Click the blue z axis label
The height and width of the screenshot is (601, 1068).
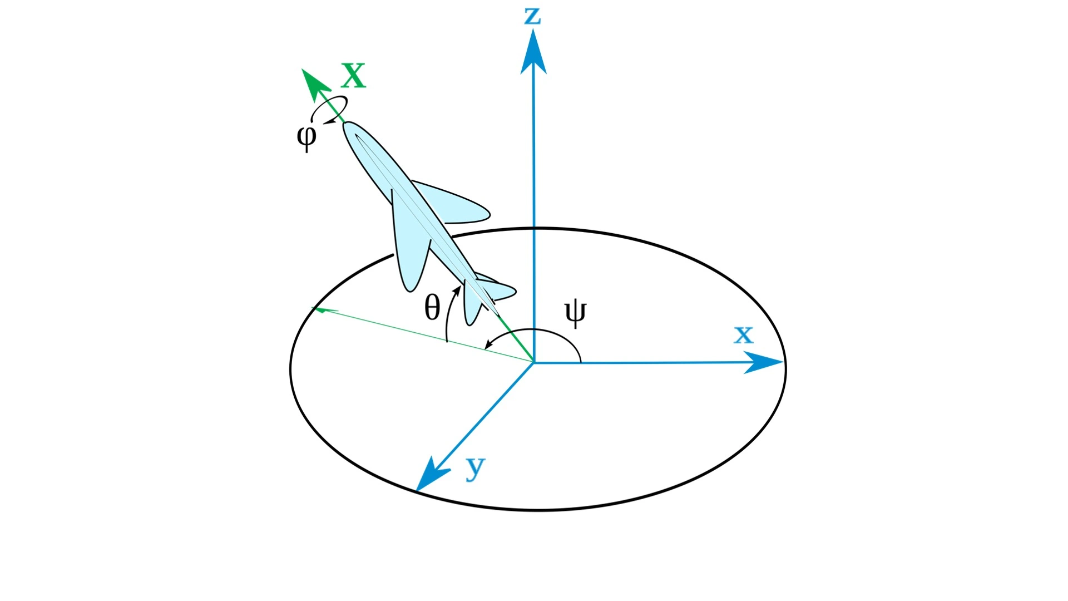pyautogui.click(x=532, y=16)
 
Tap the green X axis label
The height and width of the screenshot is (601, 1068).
pyautogui.click(x=354, y=76)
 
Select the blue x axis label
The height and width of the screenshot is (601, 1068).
pyautogui.click(x=743, y=334)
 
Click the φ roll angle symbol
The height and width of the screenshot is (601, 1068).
pyautogui.click(x=306, y=136)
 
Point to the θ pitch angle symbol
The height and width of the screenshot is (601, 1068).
pyautogui.click(x=432, y=307)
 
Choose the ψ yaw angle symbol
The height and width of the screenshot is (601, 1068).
pyautogui.click(x=575, y=313)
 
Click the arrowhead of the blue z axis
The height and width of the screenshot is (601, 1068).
pyautogui.click(x=533, y=53)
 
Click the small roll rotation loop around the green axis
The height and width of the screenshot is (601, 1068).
pyautogui.click(x=329, y=110)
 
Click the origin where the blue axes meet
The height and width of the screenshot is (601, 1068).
pyautogui.click(x=534, y=363)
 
